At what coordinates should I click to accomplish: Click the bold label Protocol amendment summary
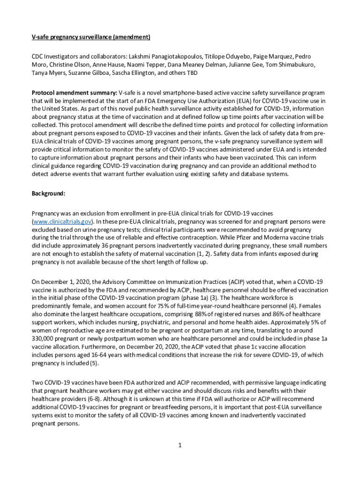tap(74, 93)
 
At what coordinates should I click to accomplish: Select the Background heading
tap(48, 193)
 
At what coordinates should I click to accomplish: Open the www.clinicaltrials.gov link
tap(62, 221)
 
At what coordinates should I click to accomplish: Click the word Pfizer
tap(253, 238)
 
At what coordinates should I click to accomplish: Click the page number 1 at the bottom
tap(180, 445)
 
